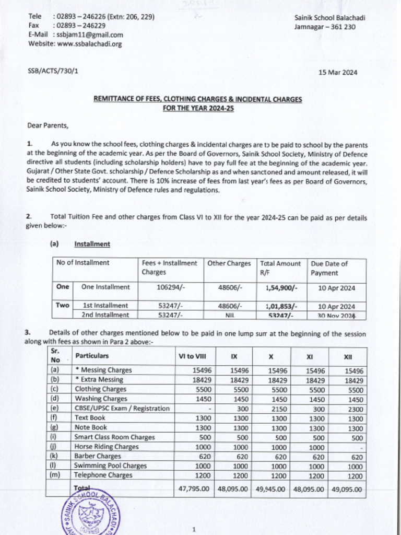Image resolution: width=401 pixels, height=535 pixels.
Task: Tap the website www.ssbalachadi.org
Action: coord(89,44)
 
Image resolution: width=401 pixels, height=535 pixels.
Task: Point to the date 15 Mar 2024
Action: coord(338,73)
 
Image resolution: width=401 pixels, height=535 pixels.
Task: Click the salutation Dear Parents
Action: coord(48,125)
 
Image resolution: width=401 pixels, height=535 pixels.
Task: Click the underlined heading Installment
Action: coord(92,244)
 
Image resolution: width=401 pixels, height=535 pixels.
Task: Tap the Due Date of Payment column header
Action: coord(329,268)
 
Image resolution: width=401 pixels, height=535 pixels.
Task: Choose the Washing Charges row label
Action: coord(101,399)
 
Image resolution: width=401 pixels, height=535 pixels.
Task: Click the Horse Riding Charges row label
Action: coord(106,447)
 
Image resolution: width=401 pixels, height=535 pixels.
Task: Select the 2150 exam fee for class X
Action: coord(271,408)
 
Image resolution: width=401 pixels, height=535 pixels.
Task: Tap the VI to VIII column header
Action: coord(192,356)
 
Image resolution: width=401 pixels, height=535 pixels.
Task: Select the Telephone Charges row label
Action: coord(103,475)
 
